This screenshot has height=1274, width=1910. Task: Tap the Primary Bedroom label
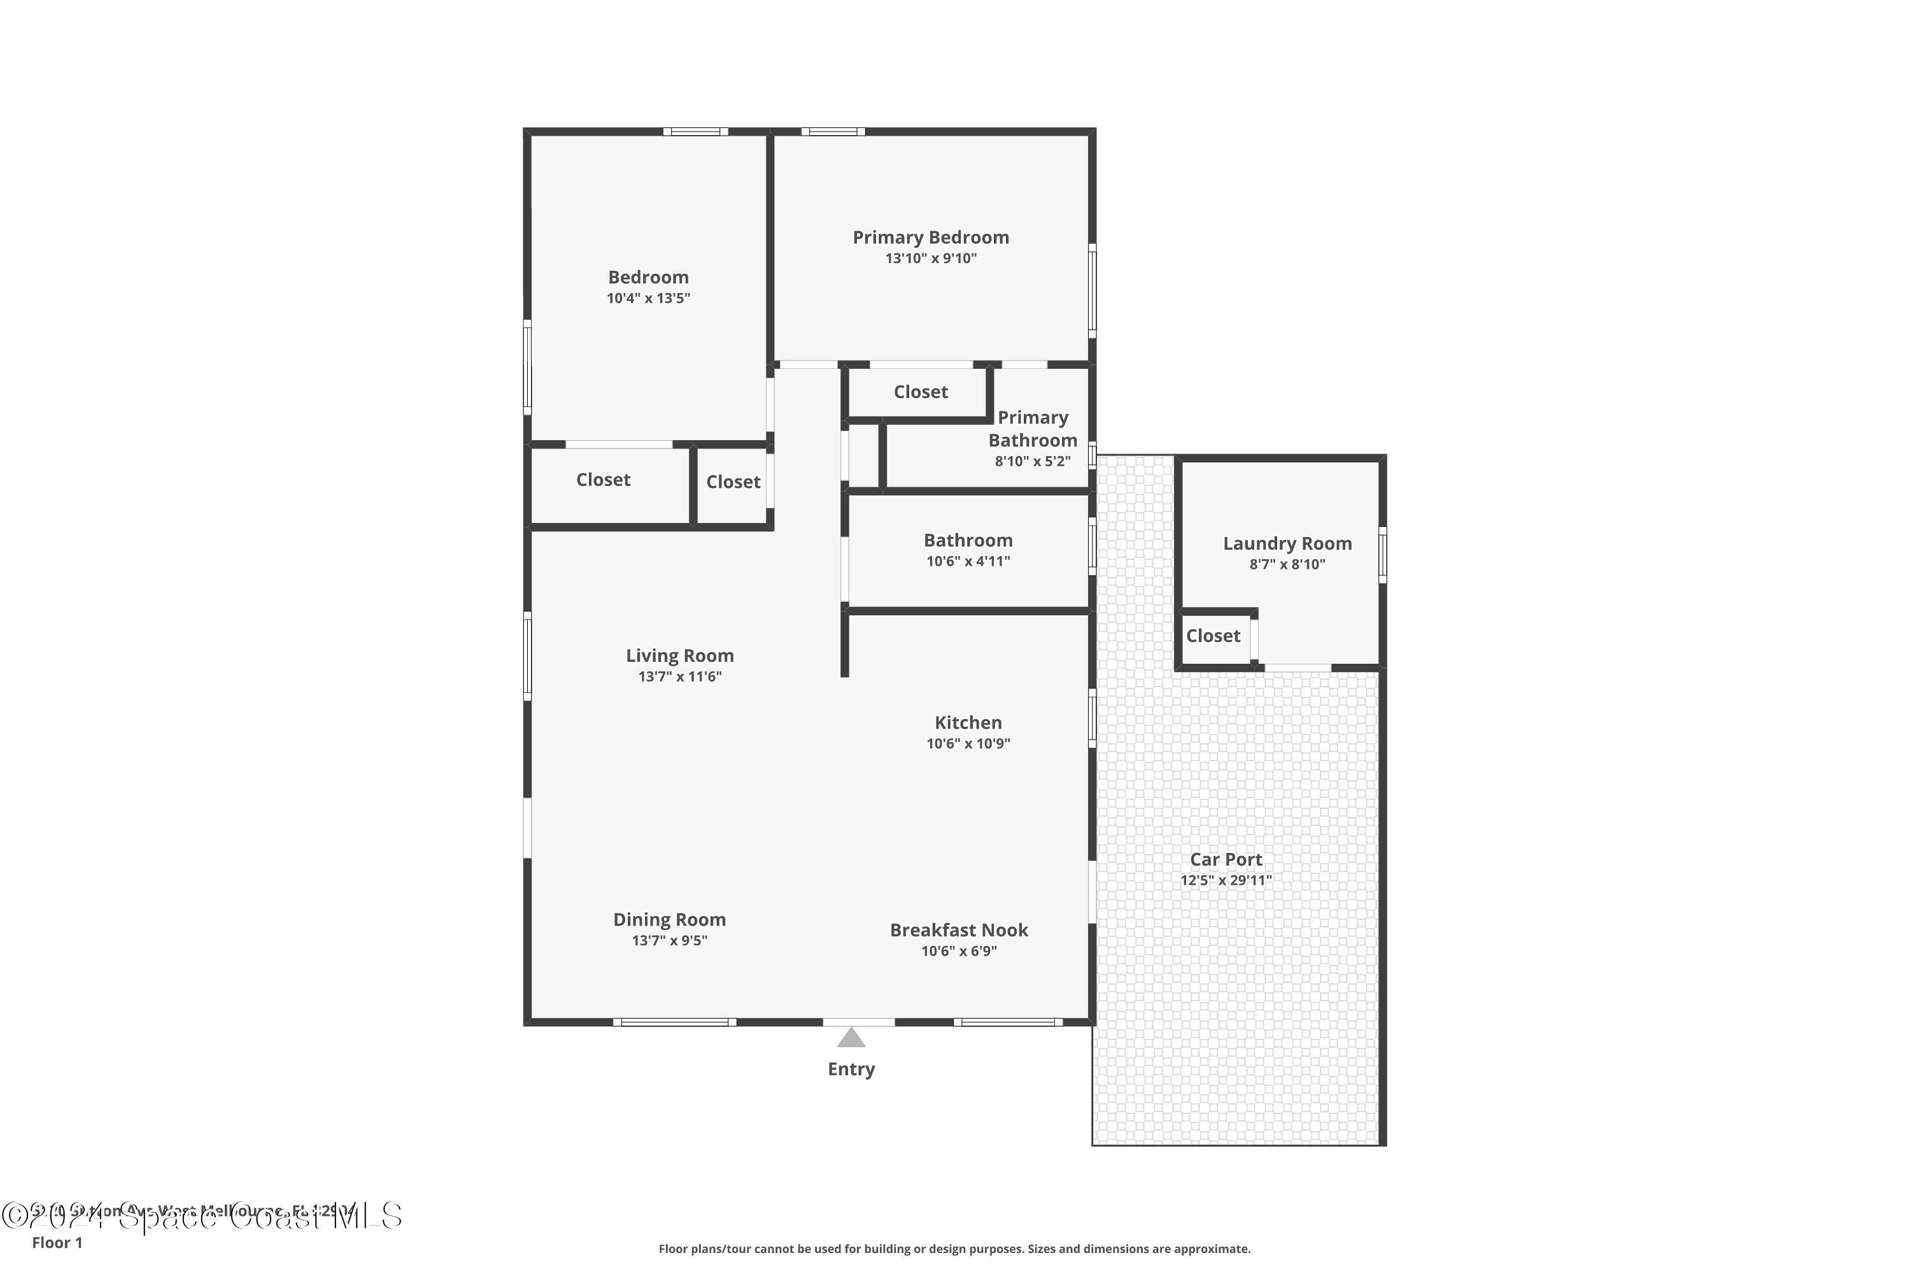point(931,237)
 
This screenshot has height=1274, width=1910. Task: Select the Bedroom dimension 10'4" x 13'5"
point(648,298)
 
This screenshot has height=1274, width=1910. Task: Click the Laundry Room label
point(1287,543)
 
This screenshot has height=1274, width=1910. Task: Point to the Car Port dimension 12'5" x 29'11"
point(1226,880)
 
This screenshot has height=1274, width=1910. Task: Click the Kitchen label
point(968,722)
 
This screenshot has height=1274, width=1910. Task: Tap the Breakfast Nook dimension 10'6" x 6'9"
point(958,950)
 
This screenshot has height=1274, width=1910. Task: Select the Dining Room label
point(669,920)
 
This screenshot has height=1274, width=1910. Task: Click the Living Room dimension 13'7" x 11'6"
point(680,676)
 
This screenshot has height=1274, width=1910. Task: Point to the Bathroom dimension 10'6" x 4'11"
point(968,561)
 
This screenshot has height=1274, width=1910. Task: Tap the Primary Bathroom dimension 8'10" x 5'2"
point(1032,461)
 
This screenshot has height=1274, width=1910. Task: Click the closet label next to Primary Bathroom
point(920,392)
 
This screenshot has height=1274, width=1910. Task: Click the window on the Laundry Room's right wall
point(1382,554)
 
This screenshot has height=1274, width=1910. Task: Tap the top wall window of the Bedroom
point(695,132)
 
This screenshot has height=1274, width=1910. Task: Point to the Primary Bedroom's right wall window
point(1093,291)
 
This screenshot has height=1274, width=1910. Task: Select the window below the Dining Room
point(674,1022)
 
